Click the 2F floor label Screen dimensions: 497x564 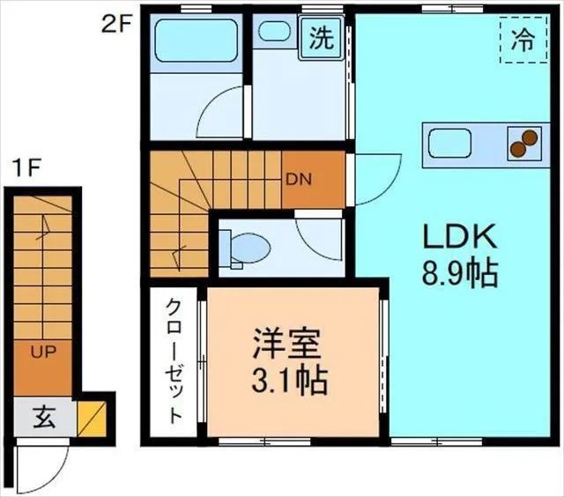click(x=115, y=23)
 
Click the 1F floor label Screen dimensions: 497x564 click(x=26, y=167)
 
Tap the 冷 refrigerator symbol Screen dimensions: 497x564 click(x=522, y=40)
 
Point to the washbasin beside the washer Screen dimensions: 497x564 click(x=275, y=32)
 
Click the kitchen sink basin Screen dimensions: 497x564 click(x=450, y=143)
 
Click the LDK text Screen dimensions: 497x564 click(x=460, y=236)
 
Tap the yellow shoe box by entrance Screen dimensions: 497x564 click(x=91, y=418)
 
